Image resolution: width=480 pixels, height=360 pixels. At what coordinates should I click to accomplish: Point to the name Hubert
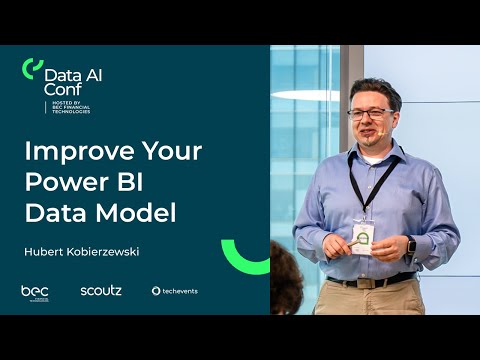pyautogui.click(x=44, y=251)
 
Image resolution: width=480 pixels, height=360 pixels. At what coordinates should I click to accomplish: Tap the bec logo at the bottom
pyautogui.click(x=35, y=291)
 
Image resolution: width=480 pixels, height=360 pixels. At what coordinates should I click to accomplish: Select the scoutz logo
pyautogui.click(x=100, y=291)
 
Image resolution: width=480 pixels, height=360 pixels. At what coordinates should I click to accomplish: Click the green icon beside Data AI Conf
pyautogui.click(x=32, y=69)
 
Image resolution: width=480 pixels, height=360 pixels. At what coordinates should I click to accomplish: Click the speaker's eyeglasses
pyautogui.click(x=370, y=113)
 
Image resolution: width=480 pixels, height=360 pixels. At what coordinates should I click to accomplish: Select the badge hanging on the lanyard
pyautogui.click(x=363, y=236)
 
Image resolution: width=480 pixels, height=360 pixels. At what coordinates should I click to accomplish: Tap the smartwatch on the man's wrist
pyautogui.click(x=411, y=244)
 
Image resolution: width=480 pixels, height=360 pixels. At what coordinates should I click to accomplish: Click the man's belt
pyautogui.click(x=370, y=282)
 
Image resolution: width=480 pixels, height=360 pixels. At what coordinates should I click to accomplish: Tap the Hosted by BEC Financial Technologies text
pyautogui.click(x=68, y=106)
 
